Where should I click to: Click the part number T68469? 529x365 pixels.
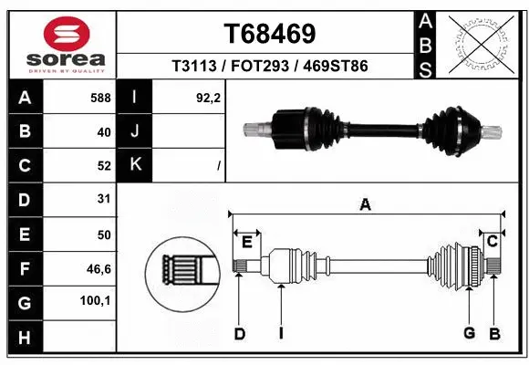(270, 34)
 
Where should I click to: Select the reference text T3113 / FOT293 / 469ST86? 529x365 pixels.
(269, 67)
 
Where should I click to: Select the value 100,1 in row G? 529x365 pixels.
(96, 300)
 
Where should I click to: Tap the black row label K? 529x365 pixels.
(135, 165)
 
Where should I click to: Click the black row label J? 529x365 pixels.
(135, 132)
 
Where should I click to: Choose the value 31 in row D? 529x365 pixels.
(103, 199)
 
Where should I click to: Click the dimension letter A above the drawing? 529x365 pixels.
(366, 205)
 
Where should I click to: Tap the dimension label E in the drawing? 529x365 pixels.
(246, 241)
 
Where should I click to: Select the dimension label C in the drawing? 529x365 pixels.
(492, 241)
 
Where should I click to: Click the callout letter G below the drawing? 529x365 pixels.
(469, 333)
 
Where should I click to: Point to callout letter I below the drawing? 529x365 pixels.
(282, 333)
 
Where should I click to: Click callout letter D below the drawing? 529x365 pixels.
(240, 334)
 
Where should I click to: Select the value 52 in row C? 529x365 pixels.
(103, 165)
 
